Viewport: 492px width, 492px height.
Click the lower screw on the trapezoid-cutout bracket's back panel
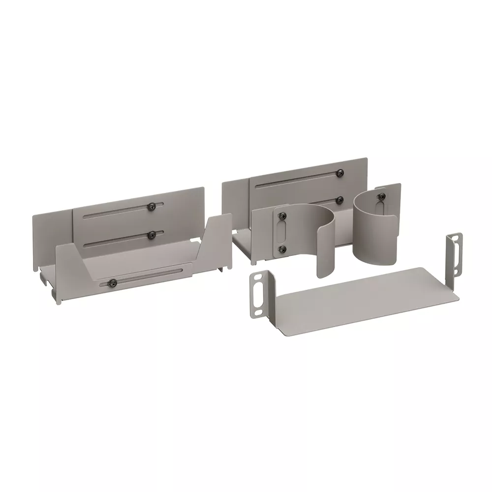152,234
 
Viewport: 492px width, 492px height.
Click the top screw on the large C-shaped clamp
281,215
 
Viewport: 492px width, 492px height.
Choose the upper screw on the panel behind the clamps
339,172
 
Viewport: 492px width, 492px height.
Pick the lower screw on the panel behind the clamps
339,199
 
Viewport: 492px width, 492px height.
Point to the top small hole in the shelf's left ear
256,277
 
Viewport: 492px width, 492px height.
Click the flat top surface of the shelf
364,295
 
